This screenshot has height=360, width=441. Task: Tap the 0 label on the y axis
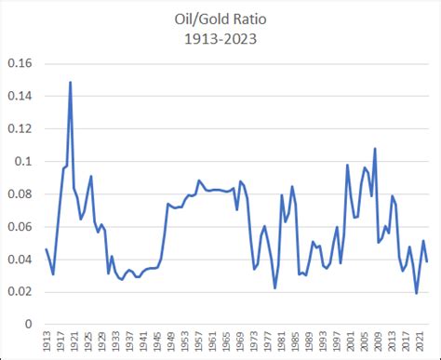pos(32,324)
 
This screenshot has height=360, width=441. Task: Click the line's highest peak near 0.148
pos(71,83)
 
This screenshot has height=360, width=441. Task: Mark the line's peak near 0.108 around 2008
pos(375,148)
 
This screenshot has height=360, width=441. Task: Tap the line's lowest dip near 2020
pos(417,293)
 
